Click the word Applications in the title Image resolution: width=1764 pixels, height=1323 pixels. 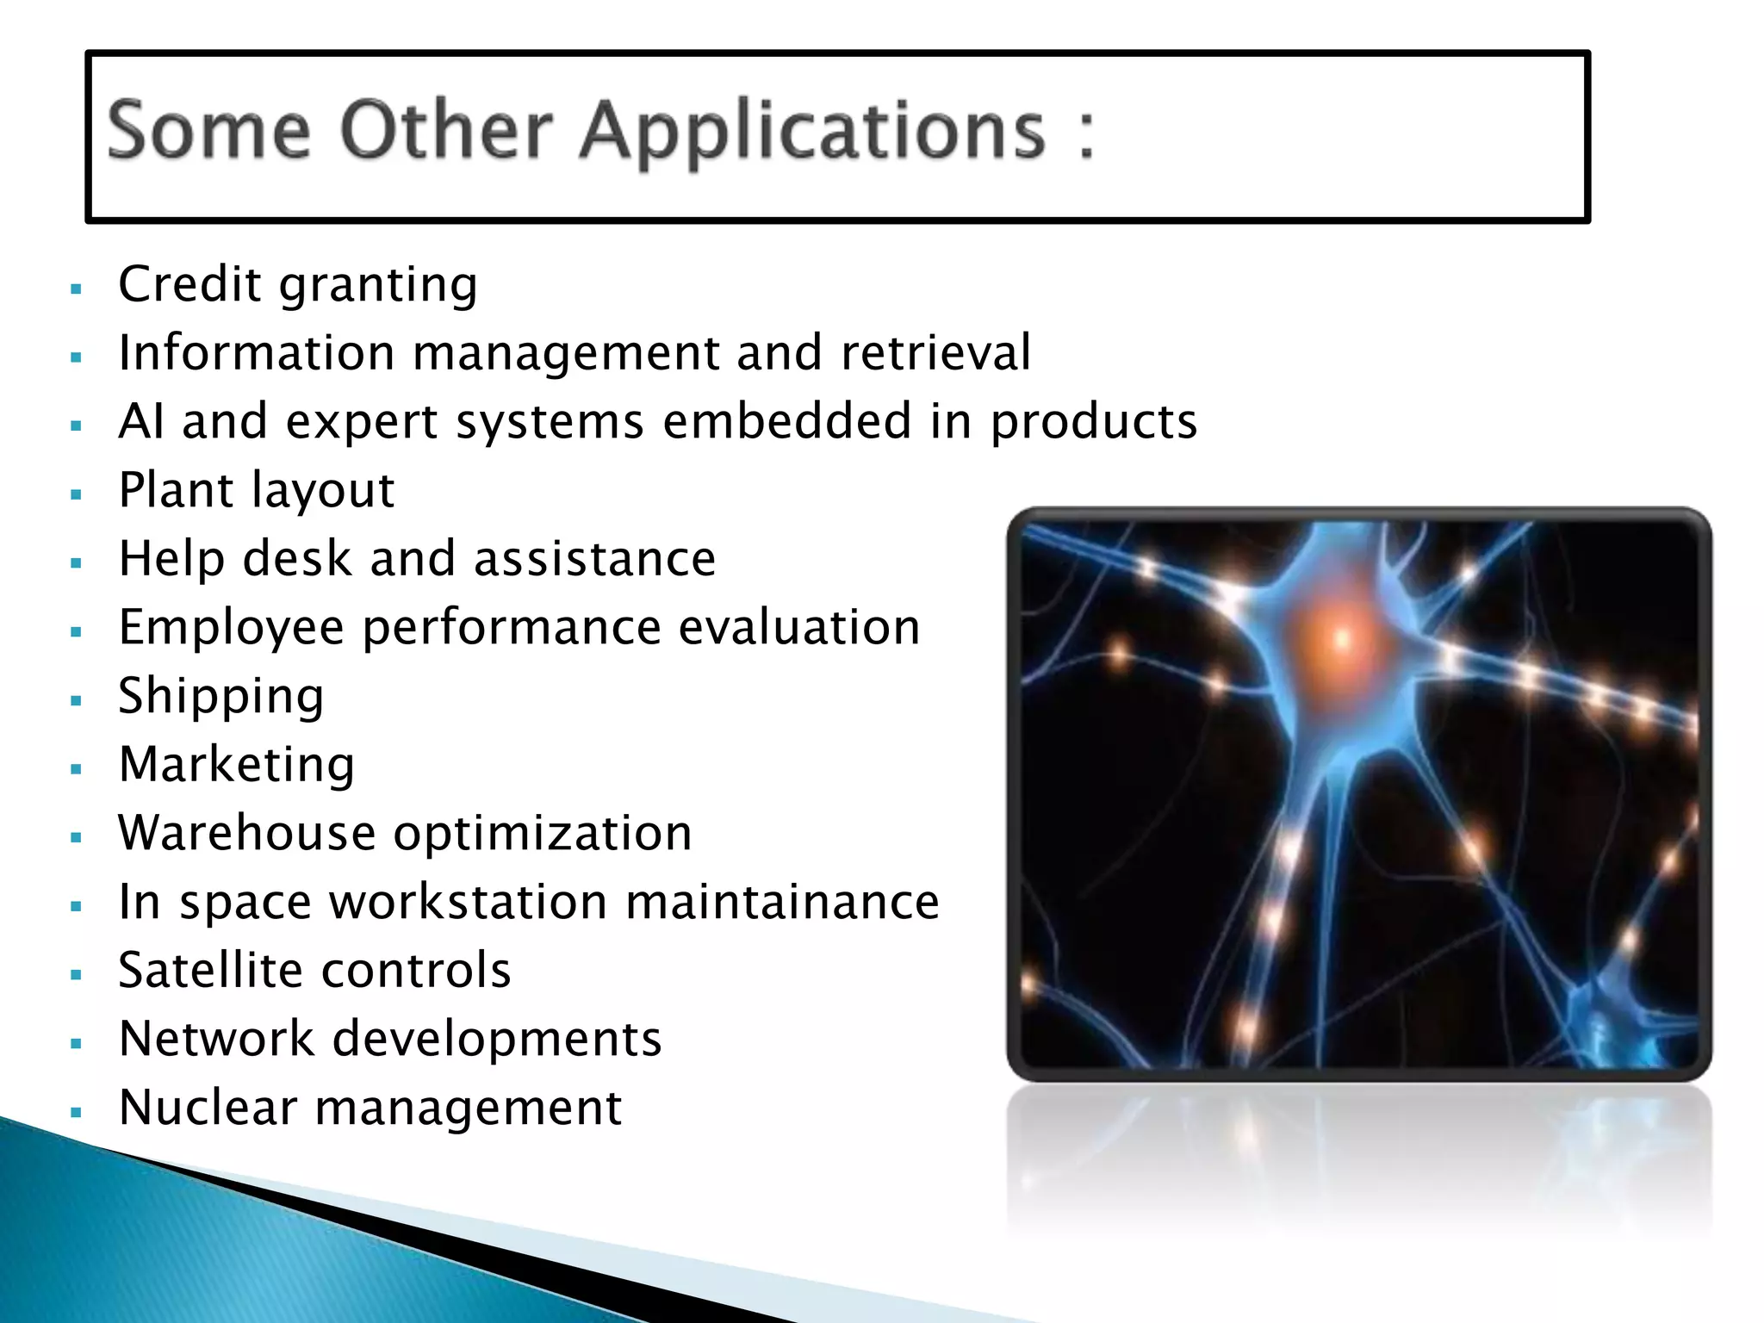click(812, 131)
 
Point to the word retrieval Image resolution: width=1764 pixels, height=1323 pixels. click(935, 352)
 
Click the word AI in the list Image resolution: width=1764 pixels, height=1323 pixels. click(141, 421)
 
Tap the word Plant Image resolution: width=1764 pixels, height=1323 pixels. click(175, 490)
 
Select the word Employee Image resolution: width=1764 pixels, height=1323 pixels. click(231, 628)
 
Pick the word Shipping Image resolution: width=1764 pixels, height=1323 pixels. click(221, 696)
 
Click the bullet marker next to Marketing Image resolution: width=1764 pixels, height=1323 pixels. click(77, 768)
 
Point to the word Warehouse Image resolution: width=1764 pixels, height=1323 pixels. click(246, 833)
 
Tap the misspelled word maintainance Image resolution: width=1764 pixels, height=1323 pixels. click(782, 902)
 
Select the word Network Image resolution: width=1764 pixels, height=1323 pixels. click(217, 1039)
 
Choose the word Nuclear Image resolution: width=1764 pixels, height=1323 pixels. click(208, 1108)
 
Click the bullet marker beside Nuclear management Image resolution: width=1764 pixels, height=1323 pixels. click(77, 1112)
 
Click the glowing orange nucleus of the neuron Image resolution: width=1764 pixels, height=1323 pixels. click(1339, 638)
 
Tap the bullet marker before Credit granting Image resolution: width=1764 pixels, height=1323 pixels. click(77, 289)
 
